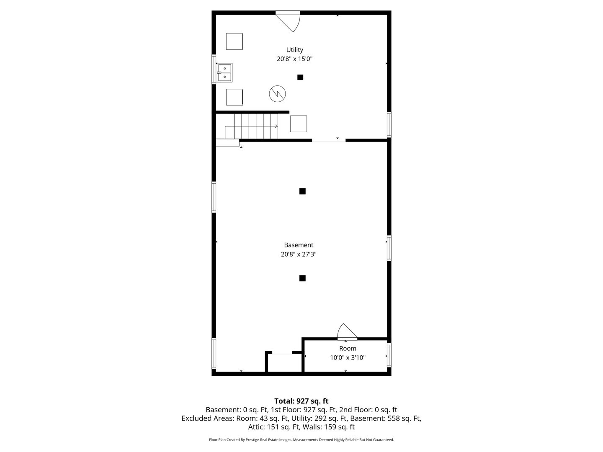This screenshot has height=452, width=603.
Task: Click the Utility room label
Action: [294, 50]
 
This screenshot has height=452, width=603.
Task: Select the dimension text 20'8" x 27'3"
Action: [298, 254]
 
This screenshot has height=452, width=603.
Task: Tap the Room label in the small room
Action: [348, 349]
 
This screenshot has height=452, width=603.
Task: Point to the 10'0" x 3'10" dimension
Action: [348, 357]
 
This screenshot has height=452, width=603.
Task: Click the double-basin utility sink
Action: [225, 72]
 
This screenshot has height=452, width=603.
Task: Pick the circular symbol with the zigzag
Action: [277, 94]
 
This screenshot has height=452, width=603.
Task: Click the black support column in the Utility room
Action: [300, 77]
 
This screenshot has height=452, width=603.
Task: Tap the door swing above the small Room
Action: [347, 331]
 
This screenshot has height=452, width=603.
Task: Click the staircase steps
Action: [251, 126]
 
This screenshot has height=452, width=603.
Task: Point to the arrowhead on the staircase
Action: [276, 126]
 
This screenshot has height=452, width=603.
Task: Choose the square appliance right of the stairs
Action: [299, 124]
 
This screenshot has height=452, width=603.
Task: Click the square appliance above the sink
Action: [234, 41]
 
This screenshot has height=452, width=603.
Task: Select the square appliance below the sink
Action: [234, 97]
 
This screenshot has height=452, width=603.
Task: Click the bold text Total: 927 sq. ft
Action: [301, 401]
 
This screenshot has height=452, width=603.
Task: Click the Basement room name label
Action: [298, 245]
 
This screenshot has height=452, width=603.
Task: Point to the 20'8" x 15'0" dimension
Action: [294, 59]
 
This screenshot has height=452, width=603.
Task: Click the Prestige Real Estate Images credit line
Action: [301, 440]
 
